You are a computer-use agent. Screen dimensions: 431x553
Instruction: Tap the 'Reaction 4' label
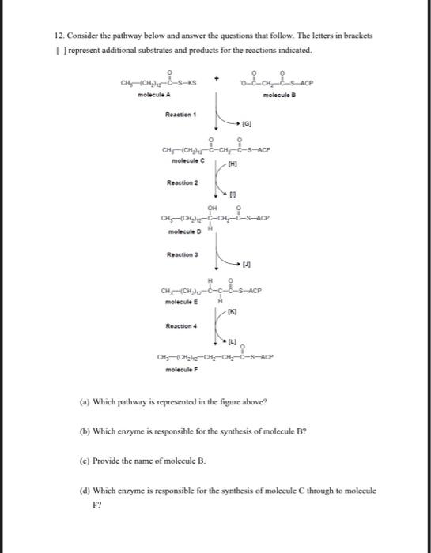coord(181,324)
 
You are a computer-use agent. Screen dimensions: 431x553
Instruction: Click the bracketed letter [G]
coord(247,124)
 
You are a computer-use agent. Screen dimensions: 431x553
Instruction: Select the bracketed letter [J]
coord(247,265)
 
